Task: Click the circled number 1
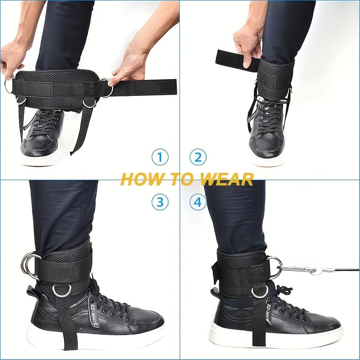tap(159, 157)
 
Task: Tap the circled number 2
tap(198, 157)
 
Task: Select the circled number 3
tap(159, 202)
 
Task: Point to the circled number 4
tap(198, 202)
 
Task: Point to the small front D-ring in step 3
tap(61, 290)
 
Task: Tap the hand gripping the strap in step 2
tap(247, 43)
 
